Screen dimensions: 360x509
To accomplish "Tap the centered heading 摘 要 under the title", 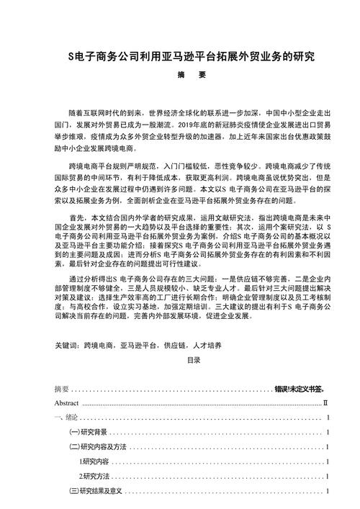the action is (x=181, y=73).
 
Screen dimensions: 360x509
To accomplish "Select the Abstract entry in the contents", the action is (x=66, y=404).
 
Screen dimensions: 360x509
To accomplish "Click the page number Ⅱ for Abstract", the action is (x=325, y=404).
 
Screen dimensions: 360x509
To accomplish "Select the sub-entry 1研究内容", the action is (x=94, y=461).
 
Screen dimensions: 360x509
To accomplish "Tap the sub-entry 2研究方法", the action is (x=94, y=476).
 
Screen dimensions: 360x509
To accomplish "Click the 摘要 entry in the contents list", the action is (x=62, y=389).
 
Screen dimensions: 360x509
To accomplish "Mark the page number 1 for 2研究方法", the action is (x=328, y=476).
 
